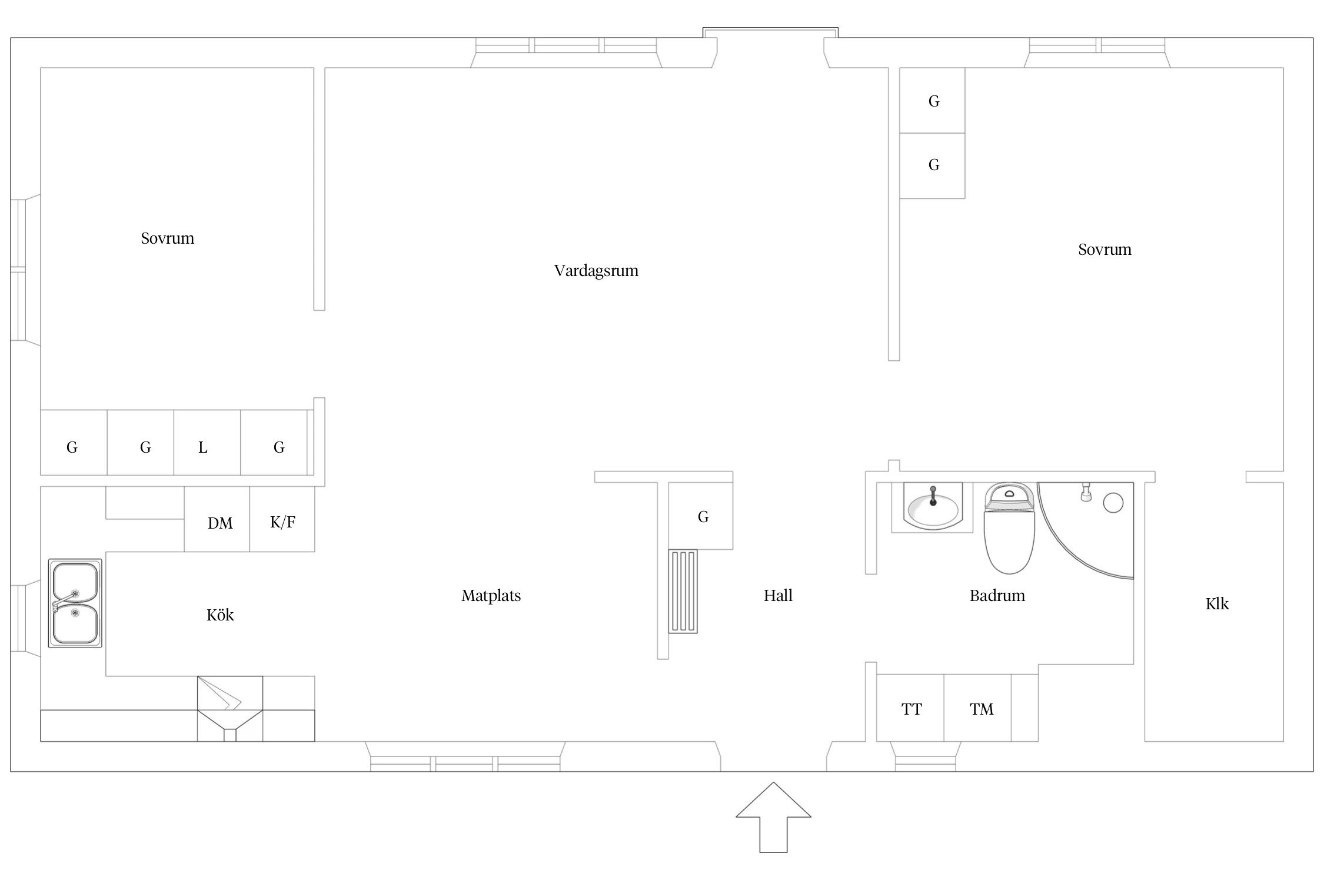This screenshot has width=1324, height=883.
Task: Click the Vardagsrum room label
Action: coord(596,271)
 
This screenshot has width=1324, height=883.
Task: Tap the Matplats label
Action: coord(491,596)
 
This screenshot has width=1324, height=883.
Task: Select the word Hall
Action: coord(778,596)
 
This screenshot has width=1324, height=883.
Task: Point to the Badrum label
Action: coord(997,596)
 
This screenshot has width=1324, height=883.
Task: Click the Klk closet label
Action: coord(1217,604)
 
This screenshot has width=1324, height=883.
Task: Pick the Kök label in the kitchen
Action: coord(220,615)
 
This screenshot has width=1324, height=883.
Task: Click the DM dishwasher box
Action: coord(217,519)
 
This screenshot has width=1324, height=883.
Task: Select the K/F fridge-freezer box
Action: coord(282,519)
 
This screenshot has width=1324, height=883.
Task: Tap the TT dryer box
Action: coord(910,708)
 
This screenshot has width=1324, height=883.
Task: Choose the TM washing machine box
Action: coord(977,708)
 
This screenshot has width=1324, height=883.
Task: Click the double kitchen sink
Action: coord(75,603)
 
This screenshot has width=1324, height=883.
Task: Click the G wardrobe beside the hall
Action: coord(700,516)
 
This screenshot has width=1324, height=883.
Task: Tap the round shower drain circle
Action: coord(1113,503)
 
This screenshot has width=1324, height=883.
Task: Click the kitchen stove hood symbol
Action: coord(229,708)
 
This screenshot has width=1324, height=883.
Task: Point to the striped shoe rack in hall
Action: coord(683,591)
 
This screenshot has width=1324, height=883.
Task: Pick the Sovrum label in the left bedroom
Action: coord(167,238)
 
